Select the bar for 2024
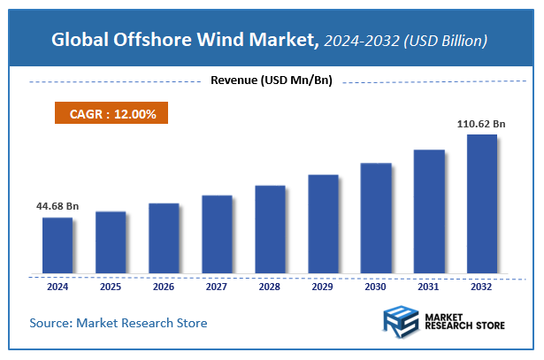(57, 245)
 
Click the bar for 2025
(111, 242)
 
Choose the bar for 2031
(429, 211)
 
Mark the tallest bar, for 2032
(482, 203)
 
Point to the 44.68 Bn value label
(57, 206)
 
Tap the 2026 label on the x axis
(164, 287)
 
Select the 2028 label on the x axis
(270, 287)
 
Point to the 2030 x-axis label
(376, 287)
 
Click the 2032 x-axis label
(482, 287)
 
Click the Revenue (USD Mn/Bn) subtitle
(271, 81)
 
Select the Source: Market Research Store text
(119, 323)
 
